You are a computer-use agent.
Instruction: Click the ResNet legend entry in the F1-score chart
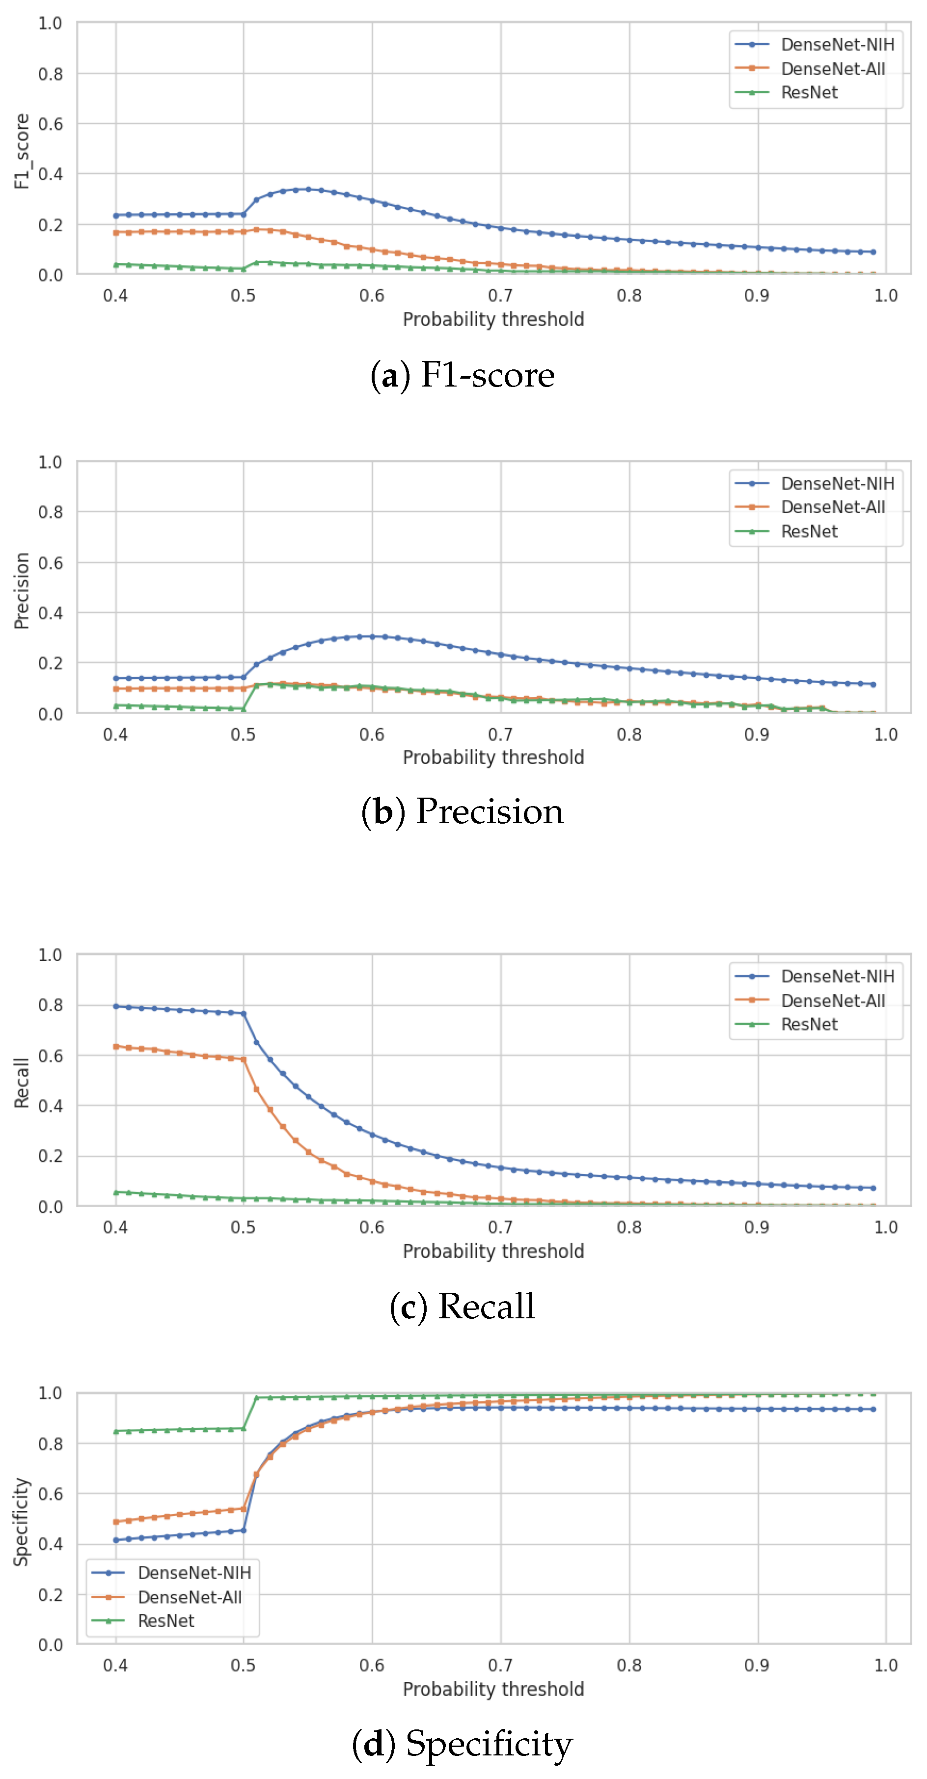[x=809, y=92]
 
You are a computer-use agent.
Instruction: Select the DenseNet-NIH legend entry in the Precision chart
[x=837, y=483]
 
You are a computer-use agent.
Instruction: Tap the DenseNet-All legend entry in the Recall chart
[x=832, y=1001]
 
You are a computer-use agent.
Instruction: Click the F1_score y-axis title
[x=22, y=151]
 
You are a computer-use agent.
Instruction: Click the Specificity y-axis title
[x=22, y=1522]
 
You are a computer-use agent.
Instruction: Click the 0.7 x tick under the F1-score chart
[x=500, y=296]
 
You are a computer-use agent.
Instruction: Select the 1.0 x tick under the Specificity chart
[x=886, y=1665]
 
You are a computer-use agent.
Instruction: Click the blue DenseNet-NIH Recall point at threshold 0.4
[x=116, y=1006]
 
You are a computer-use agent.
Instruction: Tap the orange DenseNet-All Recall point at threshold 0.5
[x=244, y=1059]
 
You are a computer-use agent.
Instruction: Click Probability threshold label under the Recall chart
[x=493, y=1251]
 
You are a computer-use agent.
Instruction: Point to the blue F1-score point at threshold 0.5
[x=244, y=214]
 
